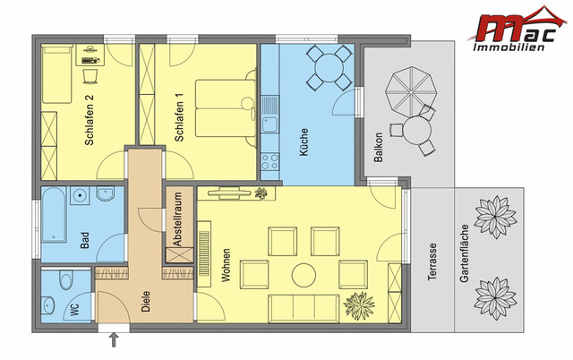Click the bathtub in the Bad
54,215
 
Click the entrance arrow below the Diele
113,339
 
